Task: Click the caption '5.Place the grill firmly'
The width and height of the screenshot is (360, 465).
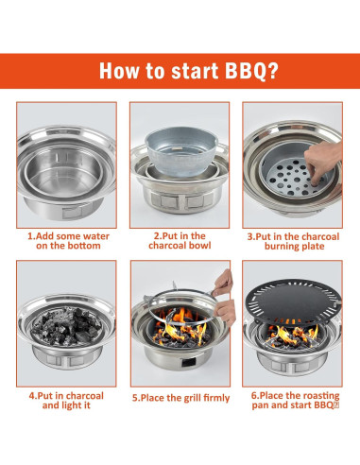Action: click(x=180, y=398)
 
